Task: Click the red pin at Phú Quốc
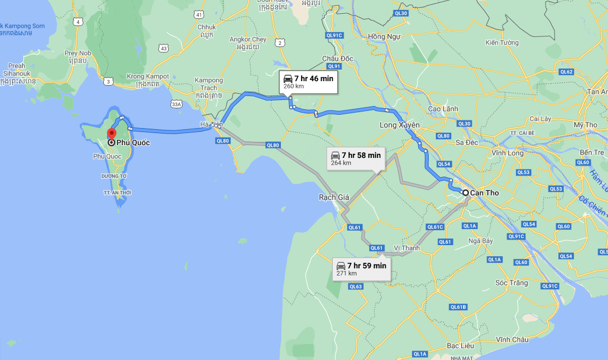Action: pyautogui.click(x=111, y=134)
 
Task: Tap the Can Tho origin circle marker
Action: pyautogui.click(x=466, y=193)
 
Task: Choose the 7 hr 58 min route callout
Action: pyautogui.click(x=355, y=158)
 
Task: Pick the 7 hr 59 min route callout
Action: pyautogui.click(x=361, y=269)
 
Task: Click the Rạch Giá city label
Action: pyautogui.click(x=334, y=197)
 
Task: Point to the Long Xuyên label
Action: pyautogui.click(x=399, y=125)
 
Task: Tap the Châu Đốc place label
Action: pyautogui.click(x=338, y=59)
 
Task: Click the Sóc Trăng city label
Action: pyautogui.click(x=511, y=283)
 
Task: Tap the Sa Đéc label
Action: pyautogui.click(x=467, y=142)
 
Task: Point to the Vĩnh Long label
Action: pyautogui.click(x=507, y=152)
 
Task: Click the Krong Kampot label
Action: pyautogui.click(x=143, y=76)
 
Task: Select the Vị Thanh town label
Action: pyautogui.click(x=407, y=248)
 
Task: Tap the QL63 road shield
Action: pyautogui.click(x=355, y=287)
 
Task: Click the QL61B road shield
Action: pyautogui.click(x=458, y=307)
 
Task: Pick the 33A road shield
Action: pyautogui.click(x=176, y=103)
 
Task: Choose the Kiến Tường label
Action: pyautogui.click(x=502, y=43)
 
